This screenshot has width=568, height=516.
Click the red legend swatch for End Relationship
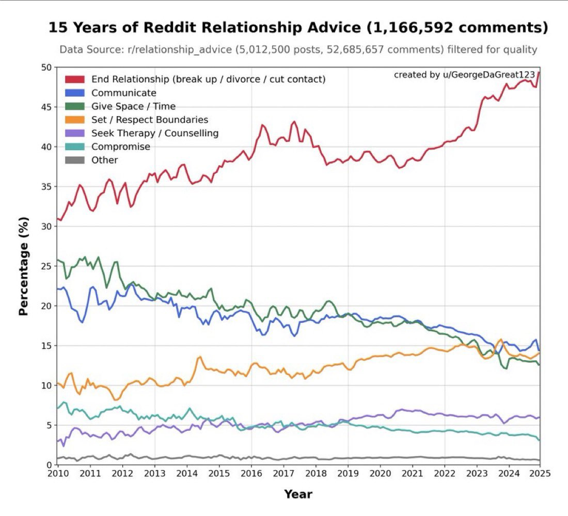coord(74,79)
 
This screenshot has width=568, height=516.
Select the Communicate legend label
coord(123,93)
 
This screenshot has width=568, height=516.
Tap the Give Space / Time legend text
coord(133,106)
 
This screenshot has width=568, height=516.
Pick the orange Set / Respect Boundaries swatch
coord(74,120)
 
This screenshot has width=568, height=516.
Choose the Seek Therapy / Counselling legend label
coord(155,133)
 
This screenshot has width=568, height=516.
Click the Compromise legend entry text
coord(121,147)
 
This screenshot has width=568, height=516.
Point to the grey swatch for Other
coord(74,160)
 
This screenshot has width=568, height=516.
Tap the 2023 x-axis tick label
coord(477,473)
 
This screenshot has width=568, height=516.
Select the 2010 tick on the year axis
coord(57,473)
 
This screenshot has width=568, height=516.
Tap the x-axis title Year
coord(298,494)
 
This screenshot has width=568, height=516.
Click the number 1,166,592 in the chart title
coord(445,27)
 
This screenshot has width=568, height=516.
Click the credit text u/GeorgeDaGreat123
coord(492,75)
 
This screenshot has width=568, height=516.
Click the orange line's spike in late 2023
coord(500,340)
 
